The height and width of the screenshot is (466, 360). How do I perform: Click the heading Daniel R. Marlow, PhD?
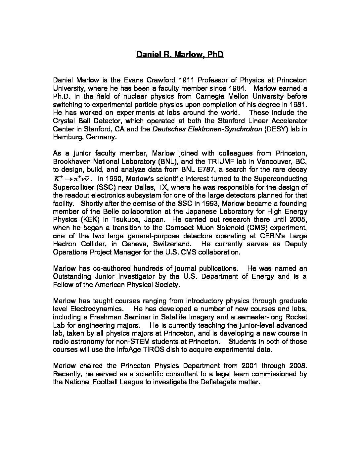180,54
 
